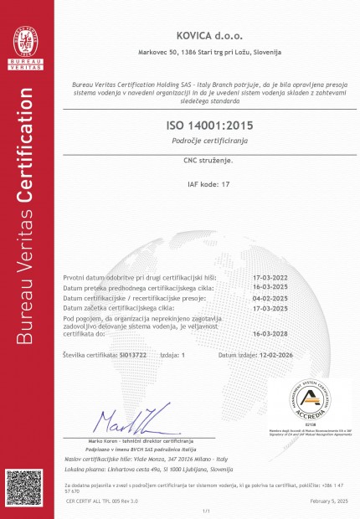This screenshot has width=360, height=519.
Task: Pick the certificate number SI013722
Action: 132,355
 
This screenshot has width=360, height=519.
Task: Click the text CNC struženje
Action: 209,159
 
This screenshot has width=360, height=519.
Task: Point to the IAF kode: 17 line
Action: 209,182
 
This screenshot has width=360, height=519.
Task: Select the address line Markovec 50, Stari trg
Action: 209,53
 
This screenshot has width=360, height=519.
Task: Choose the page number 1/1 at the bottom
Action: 206,510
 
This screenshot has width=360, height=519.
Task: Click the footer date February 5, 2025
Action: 329,500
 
